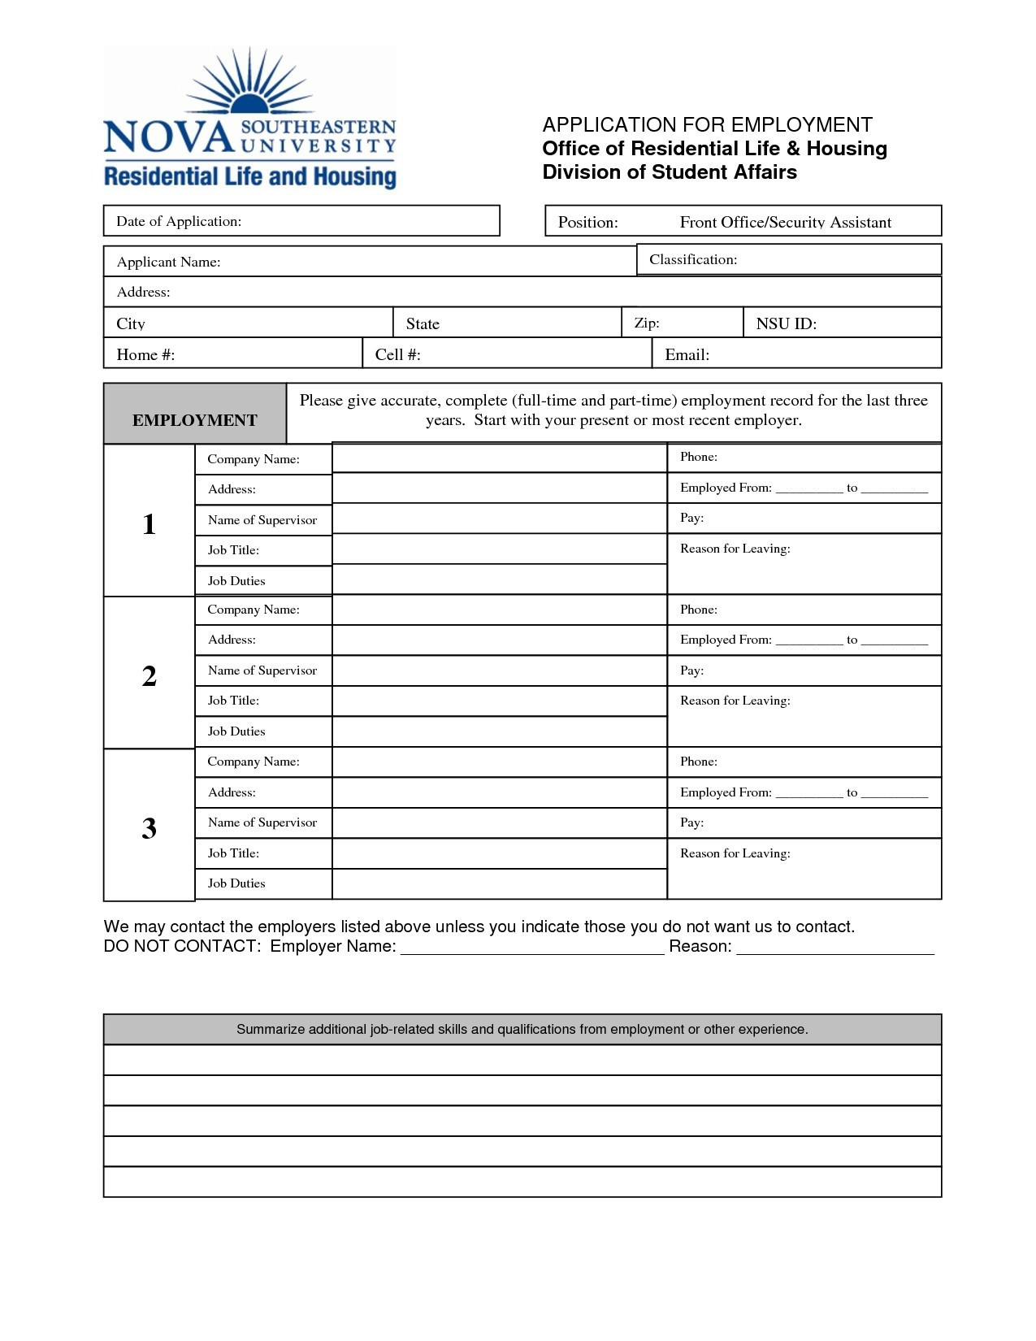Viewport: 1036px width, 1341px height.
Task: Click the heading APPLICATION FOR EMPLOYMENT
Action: tap(707, 124)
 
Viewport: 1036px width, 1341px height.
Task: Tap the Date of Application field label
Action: tap(179, 221)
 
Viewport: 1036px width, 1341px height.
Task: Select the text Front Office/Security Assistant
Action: tap(785, 222)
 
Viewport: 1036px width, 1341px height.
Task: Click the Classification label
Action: tap(693, 259)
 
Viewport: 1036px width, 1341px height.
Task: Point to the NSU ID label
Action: tap(786, 323)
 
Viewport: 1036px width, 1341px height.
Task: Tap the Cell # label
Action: tap(397, 354)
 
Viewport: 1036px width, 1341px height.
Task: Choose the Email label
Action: tap(687, 354)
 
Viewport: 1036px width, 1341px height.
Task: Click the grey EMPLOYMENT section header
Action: tap(195, 419)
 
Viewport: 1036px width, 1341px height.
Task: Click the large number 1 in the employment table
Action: tap(149, 524)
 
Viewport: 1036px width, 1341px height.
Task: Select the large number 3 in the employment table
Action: tap(149, 828)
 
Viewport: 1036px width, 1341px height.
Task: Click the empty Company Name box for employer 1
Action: tap(499, 458)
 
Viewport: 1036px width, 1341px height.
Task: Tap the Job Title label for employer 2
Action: tap(233, 701)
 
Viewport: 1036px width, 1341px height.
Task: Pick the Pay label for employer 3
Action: tap(691, 822)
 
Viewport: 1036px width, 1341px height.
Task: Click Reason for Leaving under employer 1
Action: tap(735, 549)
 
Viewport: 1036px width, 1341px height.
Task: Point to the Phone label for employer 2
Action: tap(698, 610)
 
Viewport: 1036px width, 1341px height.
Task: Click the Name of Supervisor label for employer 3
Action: tap(262, 822)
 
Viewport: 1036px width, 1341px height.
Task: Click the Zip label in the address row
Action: tap(647, 323)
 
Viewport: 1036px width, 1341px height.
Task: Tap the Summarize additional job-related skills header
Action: tap(522, 1029)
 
